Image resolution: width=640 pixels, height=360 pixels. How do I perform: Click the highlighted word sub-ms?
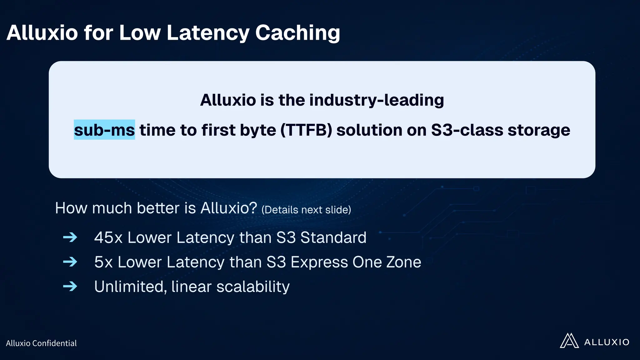coord(104,130)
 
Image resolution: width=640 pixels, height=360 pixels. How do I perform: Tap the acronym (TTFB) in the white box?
coord(306,130)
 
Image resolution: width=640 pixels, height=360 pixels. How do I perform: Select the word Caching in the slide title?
coord(297,33)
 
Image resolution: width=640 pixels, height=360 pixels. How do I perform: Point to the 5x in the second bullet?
coord(103,262)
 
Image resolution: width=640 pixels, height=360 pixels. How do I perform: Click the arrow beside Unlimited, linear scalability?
coord(70,286)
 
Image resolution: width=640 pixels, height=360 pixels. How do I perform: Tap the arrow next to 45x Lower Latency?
coord(70,237)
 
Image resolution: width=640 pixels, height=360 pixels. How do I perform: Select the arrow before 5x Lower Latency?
coord(70,262)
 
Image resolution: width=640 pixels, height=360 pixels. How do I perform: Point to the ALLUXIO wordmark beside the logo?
coord(607,342)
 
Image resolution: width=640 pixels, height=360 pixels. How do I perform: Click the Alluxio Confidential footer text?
coord(41,343)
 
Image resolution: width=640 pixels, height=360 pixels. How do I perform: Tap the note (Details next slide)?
coord(306,210)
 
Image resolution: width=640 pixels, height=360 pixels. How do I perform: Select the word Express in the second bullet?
coord(319,262)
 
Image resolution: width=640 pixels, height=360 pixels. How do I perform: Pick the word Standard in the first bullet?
coord(333,237)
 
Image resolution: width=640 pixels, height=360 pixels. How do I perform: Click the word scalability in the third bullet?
coord(253,286)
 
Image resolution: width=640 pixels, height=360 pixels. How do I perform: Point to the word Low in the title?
coord(140,33)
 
